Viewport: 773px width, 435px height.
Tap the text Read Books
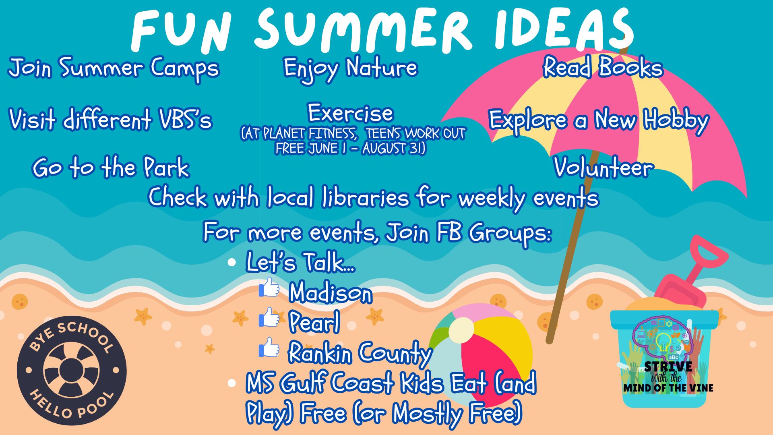click(x=603, y=67)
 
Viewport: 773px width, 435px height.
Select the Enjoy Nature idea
click(x=350, y=69)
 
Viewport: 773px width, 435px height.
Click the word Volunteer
click(x=603, y=167)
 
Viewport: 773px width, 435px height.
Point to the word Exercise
click(x=350, y=113)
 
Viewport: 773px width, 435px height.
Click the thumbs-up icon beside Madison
click(x=269, y=287)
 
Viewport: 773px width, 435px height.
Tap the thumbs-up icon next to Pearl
click(x=269, y=317)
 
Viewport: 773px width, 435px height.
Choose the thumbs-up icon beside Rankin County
click(x=269, y=347)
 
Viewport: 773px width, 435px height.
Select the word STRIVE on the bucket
click(x=668, y=367)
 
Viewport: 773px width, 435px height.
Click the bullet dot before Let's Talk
click(x=231, y=263)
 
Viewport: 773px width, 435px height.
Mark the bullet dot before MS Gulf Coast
click(x=231, y=383)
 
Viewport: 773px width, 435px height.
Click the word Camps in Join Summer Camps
click(x=185, y=69)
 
